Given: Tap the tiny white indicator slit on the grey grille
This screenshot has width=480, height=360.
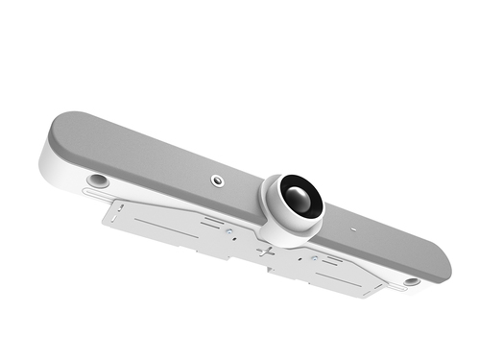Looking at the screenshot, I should click(x=352, y=229).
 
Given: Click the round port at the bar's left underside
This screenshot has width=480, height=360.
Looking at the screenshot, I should click(x=96, y=180).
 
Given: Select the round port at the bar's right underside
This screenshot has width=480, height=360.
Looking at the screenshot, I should click(x=411, y=282).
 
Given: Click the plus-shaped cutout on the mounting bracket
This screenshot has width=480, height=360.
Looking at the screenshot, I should click(x=266, y=252).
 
